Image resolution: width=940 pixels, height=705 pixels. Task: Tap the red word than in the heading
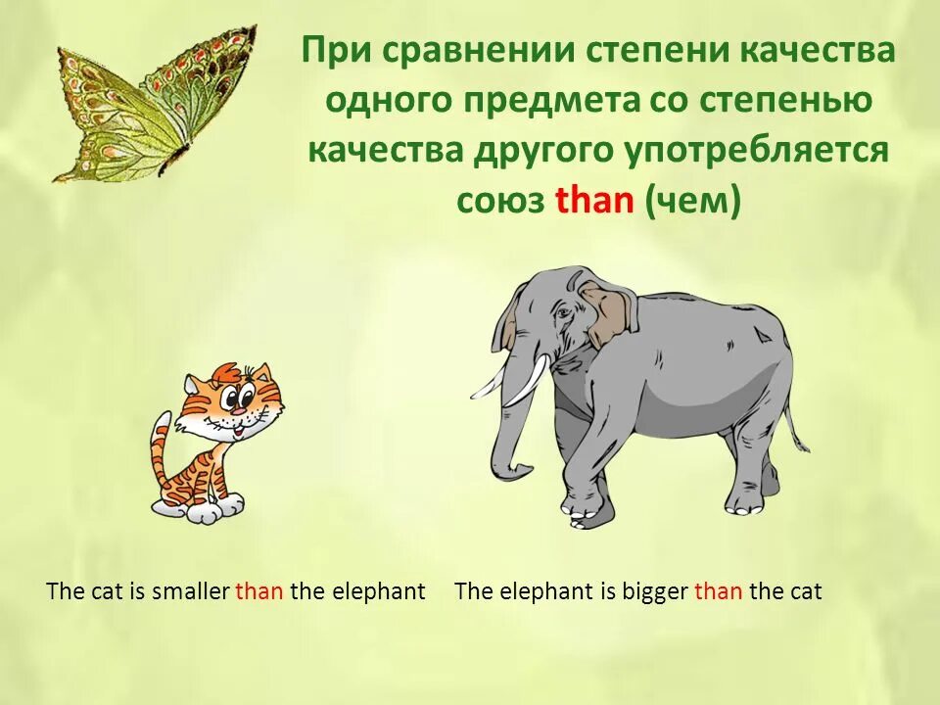coord(594,201)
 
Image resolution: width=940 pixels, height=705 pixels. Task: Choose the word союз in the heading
coord(500,201)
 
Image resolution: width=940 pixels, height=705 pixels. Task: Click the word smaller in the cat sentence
coord(191,591)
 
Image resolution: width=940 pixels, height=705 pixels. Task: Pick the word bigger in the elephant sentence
coord(655,591)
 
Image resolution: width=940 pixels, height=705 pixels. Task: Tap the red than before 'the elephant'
coord(258,591)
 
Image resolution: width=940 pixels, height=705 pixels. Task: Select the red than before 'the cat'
coord(718,591)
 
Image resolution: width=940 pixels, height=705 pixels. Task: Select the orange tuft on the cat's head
coord(228,372)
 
